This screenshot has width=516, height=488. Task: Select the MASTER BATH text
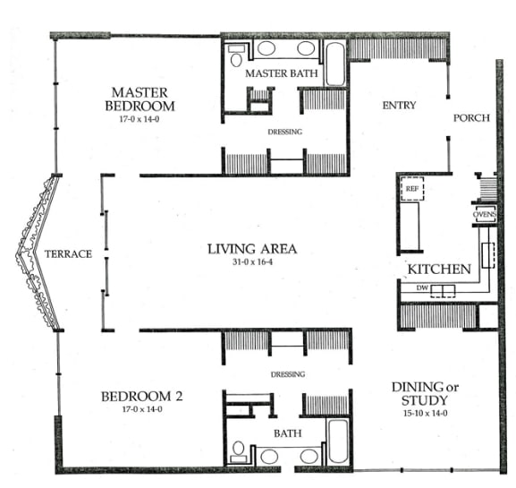click(281, 73)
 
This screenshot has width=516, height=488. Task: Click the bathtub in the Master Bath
click(334, 64)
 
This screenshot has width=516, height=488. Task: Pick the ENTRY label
click(399, 106)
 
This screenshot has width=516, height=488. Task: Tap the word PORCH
click(471, 118)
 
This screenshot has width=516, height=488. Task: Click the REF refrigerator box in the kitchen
click(412, 189)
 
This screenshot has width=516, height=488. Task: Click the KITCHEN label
click(439, 269)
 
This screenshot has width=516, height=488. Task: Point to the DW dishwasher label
click(421, 288)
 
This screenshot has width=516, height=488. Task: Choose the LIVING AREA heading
click(251, 248)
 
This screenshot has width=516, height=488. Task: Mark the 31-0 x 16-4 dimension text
click(251, 263)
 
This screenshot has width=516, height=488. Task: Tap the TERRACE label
click(68, 253)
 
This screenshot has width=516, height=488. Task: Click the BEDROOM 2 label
click(141, 395)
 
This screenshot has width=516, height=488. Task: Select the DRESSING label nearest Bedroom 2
click(287, 373)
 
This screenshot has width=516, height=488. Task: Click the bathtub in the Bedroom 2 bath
click(336, 441)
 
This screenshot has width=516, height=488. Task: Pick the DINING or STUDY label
click(425, 395)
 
